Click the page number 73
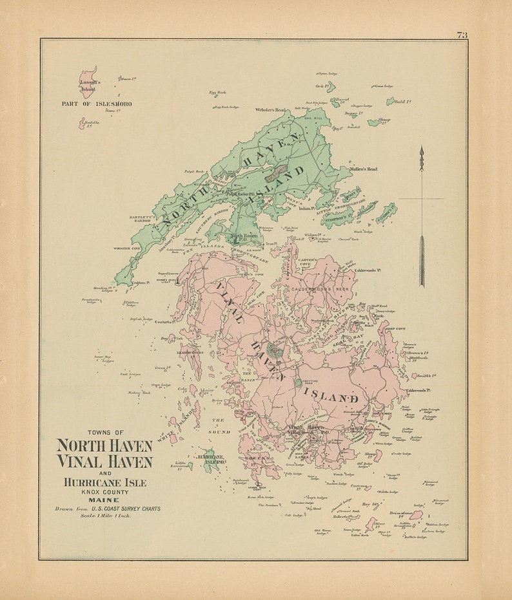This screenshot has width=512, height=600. [462, 35]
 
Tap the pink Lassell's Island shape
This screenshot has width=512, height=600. [88, 82]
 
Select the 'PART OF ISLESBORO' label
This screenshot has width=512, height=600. [97, 104]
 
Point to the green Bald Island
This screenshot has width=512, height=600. [391, 101]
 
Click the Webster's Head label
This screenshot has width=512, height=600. [271, 110]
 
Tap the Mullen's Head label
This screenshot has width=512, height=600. [363, 169]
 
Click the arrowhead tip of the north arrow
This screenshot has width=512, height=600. [422, 150]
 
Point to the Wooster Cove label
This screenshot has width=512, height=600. [127, 248]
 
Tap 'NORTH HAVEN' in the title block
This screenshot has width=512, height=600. [104, 445]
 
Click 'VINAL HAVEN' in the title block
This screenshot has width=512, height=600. [104, 462]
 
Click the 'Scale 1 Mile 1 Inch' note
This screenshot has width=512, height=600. [103, 516]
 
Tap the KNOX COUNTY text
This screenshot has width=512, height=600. [104, 491]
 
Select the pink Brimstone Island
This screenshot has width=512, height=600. [416, 515]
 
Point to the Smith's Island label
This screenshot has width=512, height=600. [426, 375]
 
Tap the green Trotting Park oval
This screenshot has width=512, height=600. [297, 382]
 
